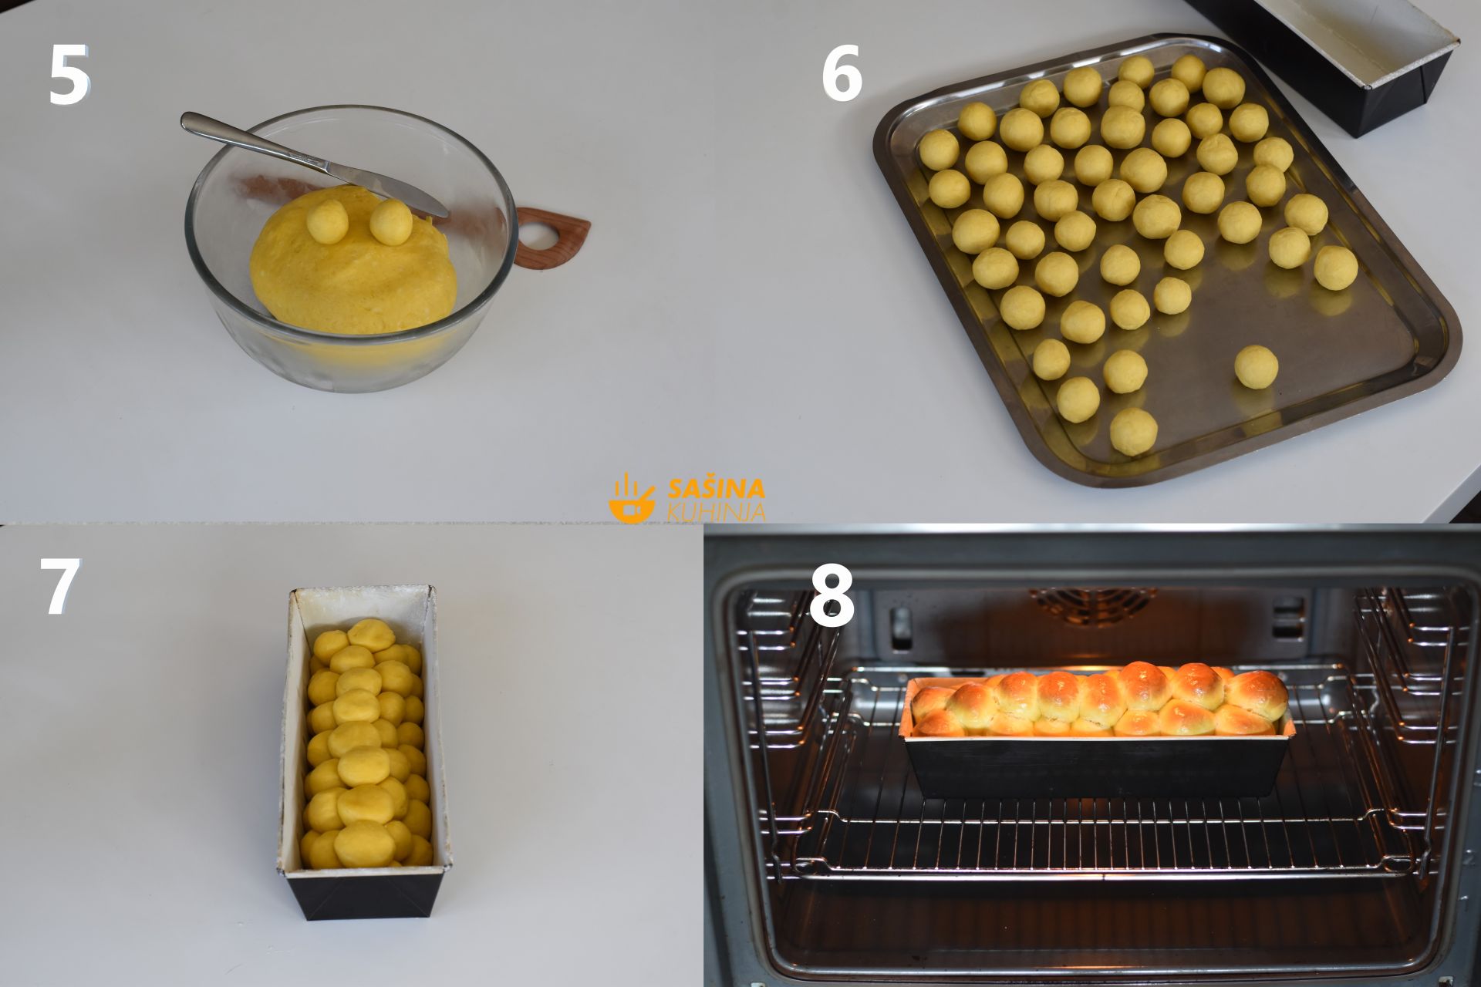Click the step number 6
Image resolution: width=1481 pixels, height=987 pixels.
click(841, 74)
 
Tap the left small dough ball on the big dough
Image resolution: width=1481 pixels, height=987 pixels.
click(328, 221)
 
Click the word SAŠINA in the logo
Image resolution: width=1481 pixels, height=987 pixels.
click(717, 489)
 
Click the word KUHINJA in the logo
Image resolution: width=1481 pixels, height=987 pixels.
click(717, 511)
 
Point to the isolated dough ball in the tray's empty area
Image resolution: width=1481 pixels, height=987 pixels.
click(1256, 365)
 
